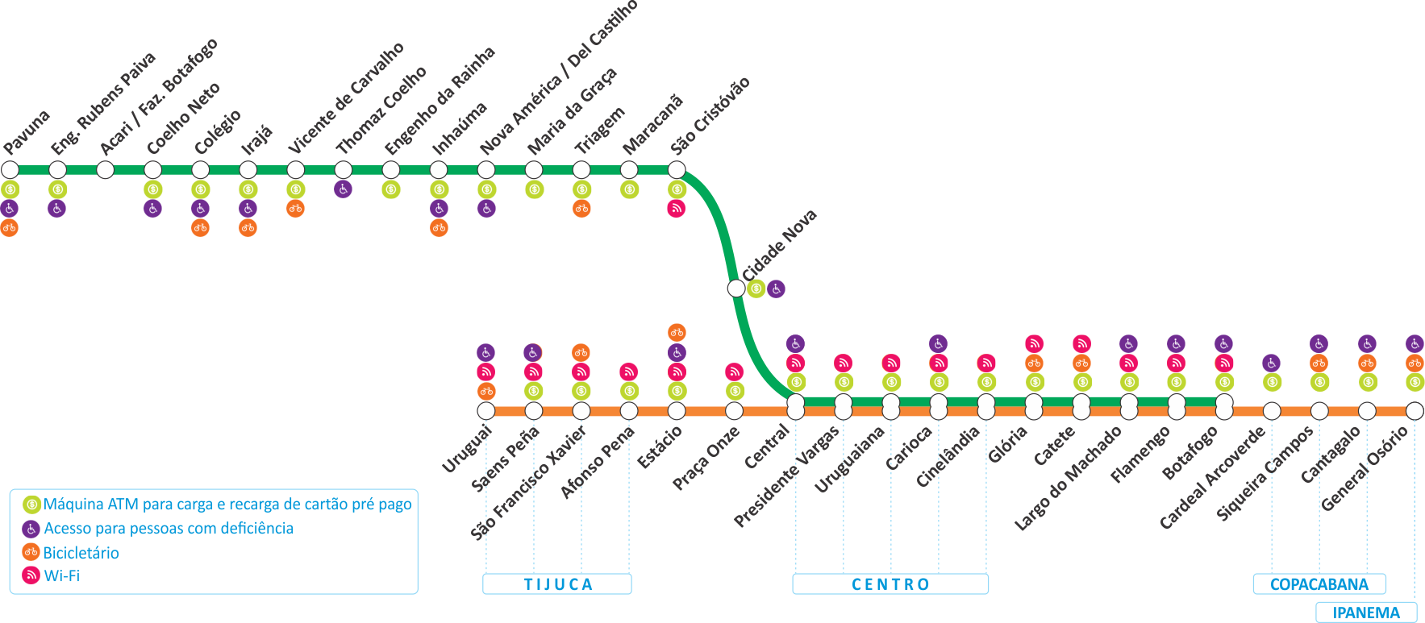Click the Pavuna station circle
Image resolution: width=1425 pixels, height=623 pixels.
click(10, 170)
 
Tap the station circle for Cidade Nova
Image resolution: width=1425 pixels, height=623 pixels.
click(736, 289)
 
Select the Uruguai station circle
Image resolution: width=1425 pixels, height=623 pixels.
click(485, 411)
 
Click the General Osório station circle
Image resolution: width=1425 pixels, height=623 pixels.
click(1415, 411)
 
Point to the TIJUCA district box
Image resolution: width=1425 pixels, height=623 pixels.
click(557, 584)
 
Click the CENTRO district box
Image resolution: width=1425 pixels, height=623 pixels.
click(890, 584)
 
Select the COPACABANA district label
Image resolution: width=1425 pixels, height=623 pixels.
click(1319, 584)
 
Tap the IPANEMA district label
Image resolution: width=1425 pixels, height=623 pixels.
click(1366, 613)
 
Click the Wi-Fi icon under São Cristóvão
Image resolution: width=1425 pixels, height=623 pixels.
click(677, 209)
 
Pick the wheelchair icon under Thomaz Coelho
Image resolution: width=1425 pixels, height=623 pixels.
click(343, 189)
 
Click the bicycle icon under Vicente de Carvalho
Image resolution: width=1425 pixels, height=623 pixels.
click(295, 209)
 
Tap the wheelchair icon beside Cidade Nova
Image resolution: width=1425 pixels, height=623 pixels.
click(776, 289)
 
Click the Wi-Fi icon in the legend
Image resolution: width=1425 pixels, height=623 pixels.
click(31, 575)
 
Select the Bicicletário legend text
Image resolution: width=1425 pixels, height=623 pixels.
click(81, 553)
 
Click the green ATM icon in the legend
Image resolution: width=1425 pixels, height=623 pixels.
click(31, 505)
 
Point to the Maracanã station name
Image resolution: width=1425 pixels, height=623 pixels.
click(652, 125)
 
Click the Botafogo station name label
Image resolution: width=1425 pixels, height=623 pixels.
click(1190, 452)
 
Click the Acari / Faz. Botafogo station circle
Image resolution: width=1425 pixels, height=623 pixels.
click(105, 170)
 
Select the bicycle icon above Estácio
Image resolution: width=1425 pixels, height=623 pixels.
click(677, 332)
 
